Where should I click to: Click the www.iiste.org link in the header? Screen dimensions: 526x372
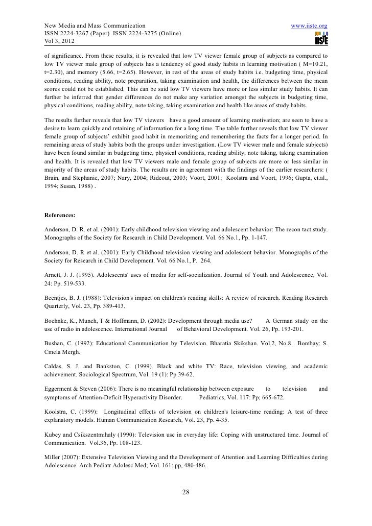click(x=309, y=26)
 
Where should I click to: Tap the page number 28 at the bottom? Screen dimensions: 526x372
click(x=186, y=492)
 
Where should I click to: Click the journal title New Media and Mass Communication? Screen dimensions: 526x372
click(x=88, y=26)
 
